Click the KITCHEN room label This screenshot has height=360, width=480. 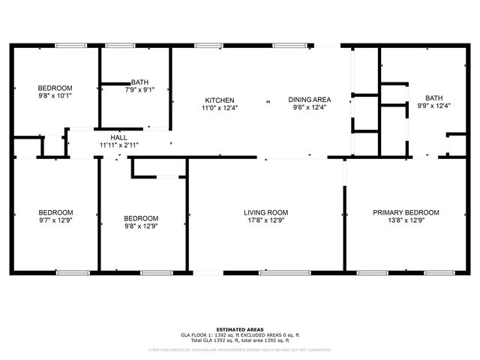[x=220, y=100]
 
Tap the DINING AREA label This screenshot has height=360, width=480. [x=310, y=100]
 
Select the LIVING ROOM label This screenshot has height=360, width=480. [x=265, y=212]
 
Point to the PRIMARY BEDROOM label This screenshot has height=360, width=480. [x=406, y=212]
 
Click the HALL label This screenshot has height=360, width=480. [x=118, y=137]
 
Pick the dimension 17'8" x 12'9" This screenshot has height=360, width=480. [x=265, y=220]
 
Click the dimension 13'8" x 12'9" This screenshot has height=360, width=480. [x=406, y=220]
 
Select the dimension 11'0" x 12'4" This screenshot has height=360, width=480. [x=220, y=107]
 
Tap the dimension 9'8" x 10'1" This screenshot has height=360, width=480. [x=55, y=95]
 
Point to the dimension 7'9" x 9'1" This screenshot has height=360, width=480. [x=139, y=89]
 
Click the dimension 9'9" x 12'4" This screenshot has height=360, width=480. [x=433, y=106]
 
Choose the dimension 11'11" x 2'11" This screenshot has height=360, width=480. [x=118, y=145]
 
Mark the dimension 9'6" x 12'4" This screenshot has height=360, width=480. [x=310, y=107]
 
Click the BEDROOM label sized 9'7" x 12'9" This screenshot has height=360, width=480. [x=55, y=211]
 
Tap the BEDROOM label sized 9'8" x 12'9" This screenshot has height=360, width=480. [x=141, y=218]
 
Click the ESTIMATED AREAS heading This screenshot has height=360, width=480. [x=239, y=329]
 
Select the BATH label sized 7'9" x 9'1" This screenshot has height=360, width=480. [x=139, y=82]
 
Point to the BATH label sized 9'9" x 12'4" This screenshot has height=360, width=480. [x=433, y=98]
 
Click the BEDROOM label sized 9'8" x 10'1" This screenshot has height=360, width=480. [x=55, y=88]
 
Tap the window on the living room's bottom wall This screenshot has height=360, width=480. [x=279, y=271]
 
